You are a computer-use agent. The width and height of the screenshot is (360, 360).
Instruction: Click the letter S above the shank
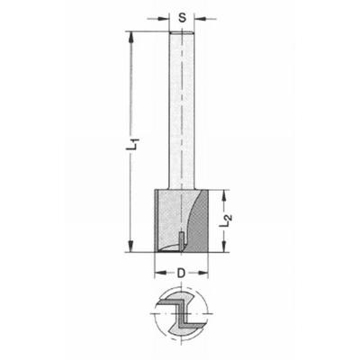pos(183,15)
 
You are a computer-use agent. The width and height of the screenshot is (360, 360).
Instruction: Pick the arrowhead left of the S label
pos(168,15)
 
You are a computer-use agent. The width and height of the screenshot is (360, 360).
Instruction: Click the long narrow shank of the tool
pos(183,108)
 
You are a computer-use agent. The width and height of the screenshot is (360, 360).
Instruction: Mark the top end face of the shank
pos(183,34)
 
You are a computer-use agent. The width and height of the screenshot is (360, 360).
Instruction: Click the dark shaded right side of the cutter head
pos(202,220)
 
